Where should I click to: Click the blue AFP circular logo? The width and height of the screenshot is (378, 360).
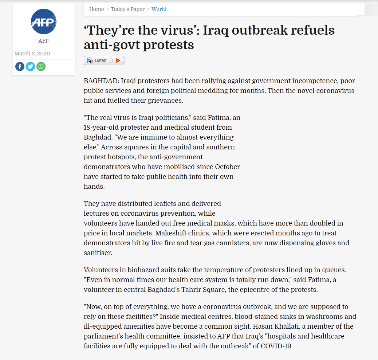coord(43,21)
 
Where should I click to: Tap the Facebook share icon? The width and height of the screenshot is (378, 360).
coord(20,67)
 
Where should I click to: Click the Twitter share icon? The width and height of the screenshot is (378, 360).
coord(30,67)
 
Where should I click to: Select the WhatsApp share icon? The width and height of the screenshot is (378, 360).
coord(41,67)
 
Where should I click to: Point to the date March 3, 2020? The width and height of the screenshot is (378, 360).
coord(32,54)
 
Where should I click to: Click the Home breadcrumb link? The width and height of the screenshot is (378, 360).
coord(97,9)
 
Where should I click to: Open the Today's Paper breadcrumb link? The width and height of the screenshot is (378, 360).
coord(127,9)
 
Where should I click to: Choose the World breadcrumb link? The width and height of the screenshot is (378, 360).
coord(159,9)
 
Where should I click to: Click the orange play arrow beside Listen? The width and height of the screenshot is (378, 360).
coord(118,60)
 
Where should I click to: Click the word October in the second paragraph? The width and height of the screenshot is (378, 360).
coord(228,167)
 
